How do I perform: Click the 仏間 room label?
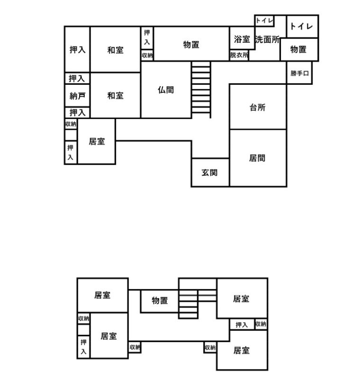tap(165, 89)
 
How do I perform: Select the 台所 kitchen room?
tap(258, 107)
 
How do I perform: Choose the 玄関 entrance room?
tap(209, 172)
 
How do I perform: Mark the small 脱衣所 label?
tap(239, 55)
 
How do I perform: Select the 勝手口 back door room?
tap(299, 73)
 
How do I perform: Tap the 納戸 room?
tap(77, 96)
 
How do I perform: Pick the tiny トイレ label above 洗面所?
tap(264, 20)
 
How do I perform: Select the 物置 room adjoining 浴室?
tap(191, 45)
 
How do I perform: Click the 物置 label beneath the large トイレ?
tap(298, 49)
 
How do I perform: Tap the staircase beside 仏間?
tap(201, 90)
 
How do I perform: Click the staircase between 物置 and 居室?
tap(189, 303)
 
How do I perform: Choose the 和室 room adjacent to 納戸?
tap(115, 95)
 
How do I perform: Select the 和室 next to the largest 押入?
tap(115, 49)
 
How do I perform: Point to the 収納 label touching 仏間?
tap(147, 55)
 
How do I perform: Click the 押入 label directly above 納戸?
tap(77, 78)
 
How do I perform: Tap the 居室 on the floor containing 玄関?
tap(97, 141)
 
